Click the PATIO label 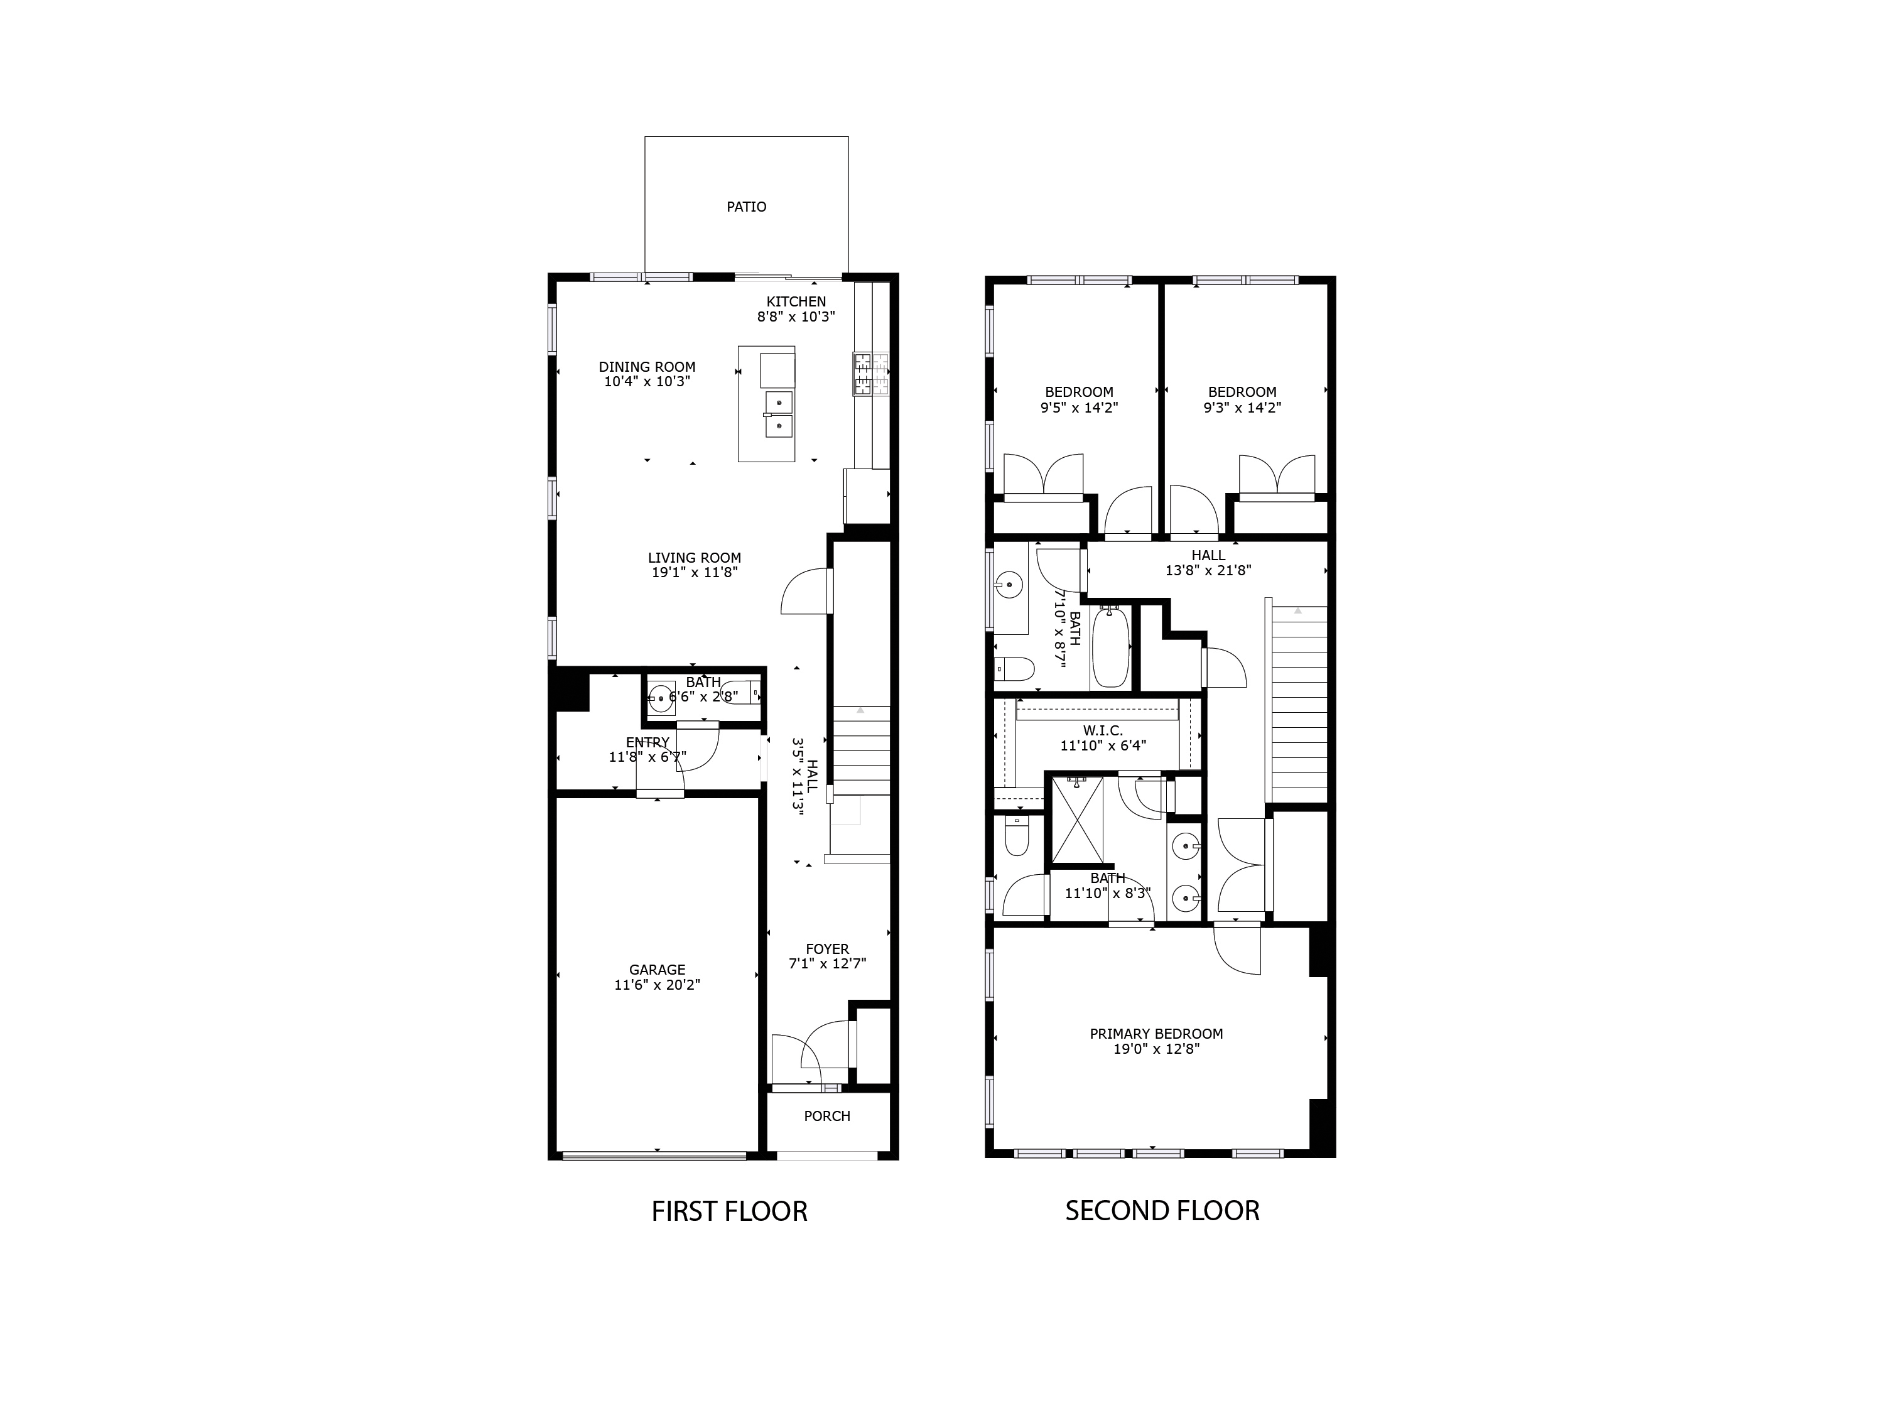pyautogui.click(x=746, y=207)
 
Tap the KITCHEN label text pyautogui.click(x=796, y=301)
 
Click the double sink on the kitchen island pyautogui.click(x=779, y=414)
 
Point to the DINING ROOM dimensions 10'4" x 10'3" pyautogui.click(x=646, y=382)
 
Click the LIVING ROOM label pyautogui.click(x=694, y=558)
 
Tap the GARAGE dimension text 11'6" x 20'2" pyautogui.click(x=657, y=985)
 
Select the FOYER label pyautogui.click(x=827, y=949)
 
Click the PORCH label pyautogui.click(x=827, y=1116)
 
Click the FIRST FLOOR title pyautogui.click(x=729, y=1211)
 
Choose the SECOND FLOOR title pyautogui.click(x=1162, y=1211)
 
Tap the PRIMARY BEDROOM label pyautogui.click(x=1156, y=1034)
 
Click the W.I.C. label pyautogui.click(x=1103, y=731)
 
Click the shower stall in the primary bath pyautogui.click(x=1078, y=820)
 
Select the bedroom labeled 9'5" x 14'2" pyautogui.click(x=1078, y=399)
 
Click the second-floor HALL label pyautogui.click(x=1208, y=555)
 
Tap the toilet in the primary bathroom pyautogui.click(x=1017, y=837)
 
